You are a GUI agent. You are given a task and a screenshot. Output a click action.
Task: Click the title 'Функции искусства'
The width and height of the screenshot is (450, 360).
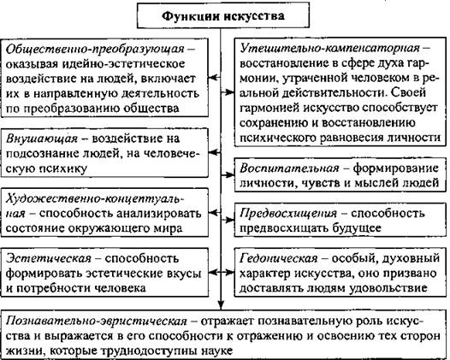tap(223, 15)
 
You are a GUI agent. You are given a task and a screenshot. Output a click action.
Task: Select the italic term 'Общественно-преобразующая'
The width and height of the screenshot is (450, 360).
tap(95, 49)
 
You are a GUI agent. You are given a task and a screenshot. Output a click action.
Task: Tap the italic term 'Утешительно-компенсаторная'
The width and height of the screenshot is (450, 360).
tap(329, 49)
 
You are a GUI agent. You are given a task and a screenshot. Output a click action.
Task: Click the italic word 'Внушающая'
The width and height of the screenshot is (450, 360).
tap(42, 139)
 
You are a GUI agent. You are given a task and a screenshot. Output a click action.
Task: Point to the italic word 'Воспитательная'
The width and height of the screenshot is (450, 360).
tap(289, 168)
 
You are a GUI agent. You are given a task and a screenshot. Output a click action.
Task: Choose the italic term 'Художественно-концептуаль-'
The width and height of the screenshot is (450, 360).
tap(95, 198)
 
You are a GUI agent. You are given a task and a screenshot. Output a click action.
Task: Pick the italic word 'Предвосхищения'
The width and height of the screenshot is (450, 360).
tap(288, 214)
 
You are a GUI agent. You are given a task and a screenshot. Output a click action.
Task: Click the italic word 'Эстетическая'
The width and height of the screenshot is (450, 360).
tap(48, 259)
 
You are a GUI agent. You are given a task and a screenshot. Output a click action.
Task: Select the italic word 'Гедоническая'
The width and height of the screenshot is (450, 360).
tap(279, 259)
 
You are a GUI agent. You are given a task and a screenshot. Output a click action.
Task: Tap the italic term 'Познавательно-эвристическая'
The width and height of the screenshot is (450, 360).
tap(97, 322)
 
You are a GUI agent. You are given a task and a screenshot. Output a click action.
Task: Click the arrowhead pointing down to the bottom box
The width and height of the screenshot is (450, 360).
tap(221, 304)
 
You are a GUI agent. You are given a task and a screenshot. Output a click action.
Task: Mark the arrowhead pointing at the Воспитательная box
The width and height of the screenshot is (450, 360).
tap(230, 174)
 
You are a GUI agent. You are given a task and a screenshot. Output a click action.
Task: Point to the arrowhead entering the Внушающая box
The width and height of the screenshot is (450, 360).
tap(212, 153)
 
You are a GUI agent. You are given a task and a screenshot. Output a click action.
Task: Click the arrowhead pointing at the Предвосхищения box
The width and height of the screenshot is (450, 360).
tap(230, 220)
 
